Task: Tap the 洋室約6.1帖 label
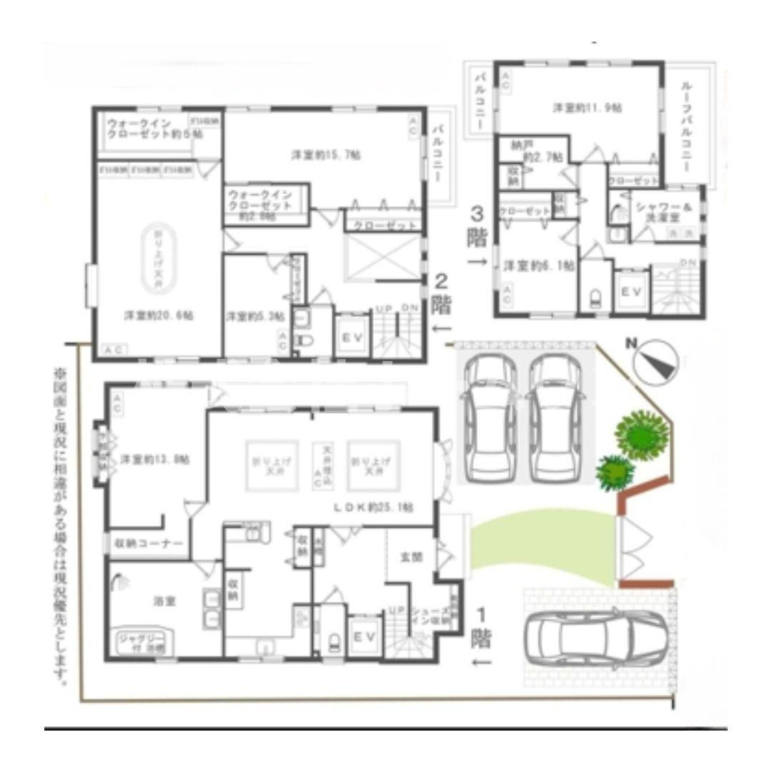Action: [539, 265]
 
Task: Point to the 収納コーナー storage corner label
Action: [149, 544]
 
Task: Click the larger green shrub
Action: [642, 435]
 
